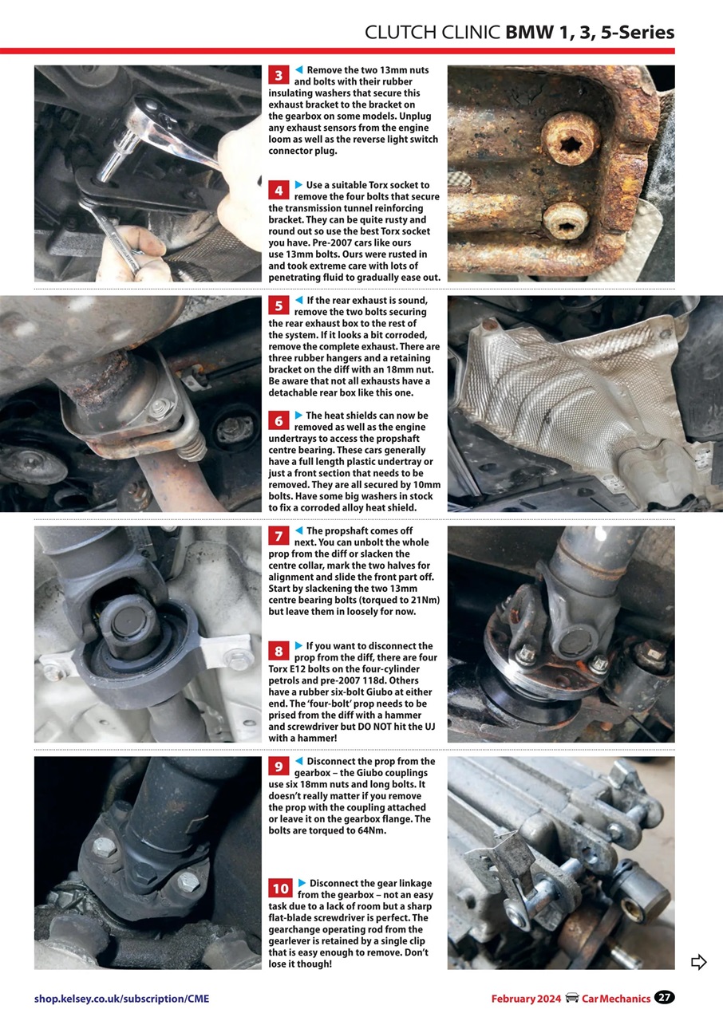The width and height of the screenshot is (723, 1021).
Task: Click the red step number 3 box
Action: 279,76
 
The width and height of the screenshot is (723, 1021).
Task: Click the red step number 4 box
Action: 279,191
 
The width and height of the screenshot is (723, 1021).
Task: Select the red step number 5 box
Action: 279,306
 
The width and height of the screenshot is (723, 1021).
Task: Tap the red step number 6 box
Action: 279,420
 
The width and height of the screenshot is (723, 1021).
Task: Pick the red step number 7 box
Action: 279,536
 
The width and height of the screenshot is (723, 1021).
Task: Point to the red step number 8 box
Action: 279,651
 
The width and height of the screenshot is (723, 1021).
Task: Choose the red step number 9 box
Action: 279,767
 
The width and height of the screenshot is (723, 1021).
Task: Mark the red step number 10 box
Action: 281,889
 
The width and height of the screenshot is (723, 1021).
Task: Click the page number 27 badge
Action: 664,998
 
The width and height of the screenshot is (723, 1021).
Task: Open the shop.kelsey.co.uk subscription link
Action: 121,999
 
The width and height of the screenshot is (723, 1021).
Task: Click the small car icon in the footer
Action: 571,998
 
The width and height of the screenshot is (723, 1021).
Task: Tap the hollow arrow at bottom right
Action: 698,962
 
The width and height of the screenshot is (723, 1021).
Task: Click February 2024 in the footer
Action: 526,999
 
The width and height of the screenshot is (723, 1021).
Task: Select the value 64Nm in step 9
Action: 369,830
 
